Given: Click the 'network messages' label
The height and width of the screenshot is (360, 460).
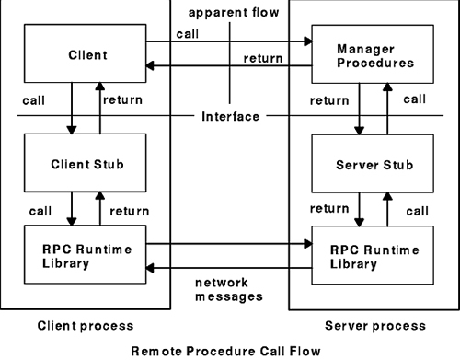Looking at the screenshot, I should pos(230,291).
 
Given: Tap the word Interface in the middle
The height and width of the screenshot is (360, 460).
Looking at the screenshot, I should pos(230,117).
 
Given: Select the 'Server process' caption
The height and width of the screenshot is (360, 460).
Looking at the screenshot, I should pos(374,325).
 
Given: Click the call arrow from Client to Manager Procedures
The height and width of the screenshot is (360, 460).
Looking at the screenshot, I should pos(239,41).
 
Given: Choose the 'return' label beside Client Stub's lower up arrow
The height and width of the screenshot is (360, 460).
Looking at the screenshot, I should pos(130,211).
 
